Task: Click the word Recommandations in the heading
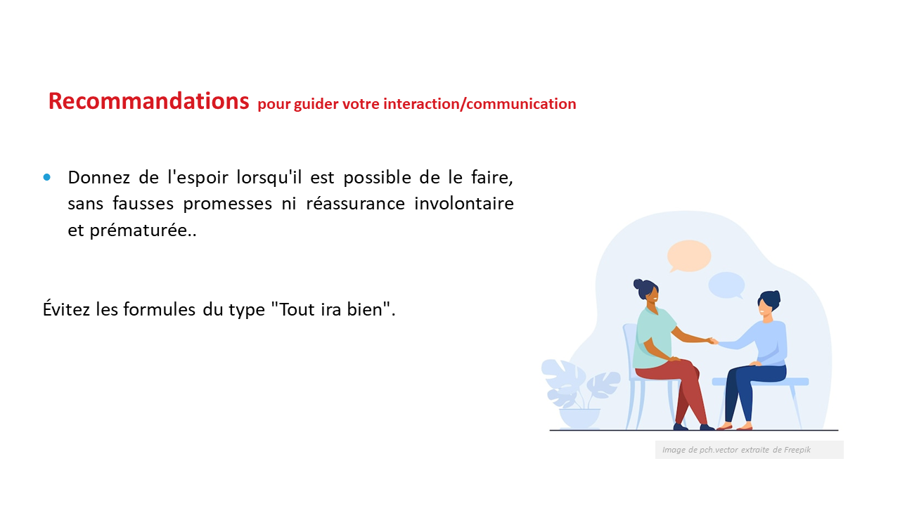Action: [x=148, y=100]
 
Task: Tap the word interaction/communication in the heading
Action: [x=480, y=104]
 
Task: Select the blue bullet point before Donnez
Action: [x=47, y=177]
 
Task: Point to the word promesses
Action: [x=227, y=204]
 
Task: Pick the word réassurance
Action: [x=355, y=203]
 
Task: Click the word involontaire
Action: [x=464, y=203]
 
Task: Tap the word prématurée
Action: [x=139, y=231]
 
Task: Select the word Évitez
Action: [x=66, y=309]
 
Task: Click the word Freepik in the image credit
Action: [x=797, y=450]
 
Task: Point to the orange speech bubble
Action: [x=688, y=256]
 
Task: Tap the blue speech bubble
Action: [x=726, y=285]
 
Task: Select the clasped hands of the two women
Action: [x=713, y=341]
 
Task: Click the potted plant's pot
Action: [x=579, y=418]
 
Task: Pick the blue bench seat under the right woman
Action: [x=760, y=382]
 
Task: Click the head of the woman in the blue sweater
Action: [x=769, y=305]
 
